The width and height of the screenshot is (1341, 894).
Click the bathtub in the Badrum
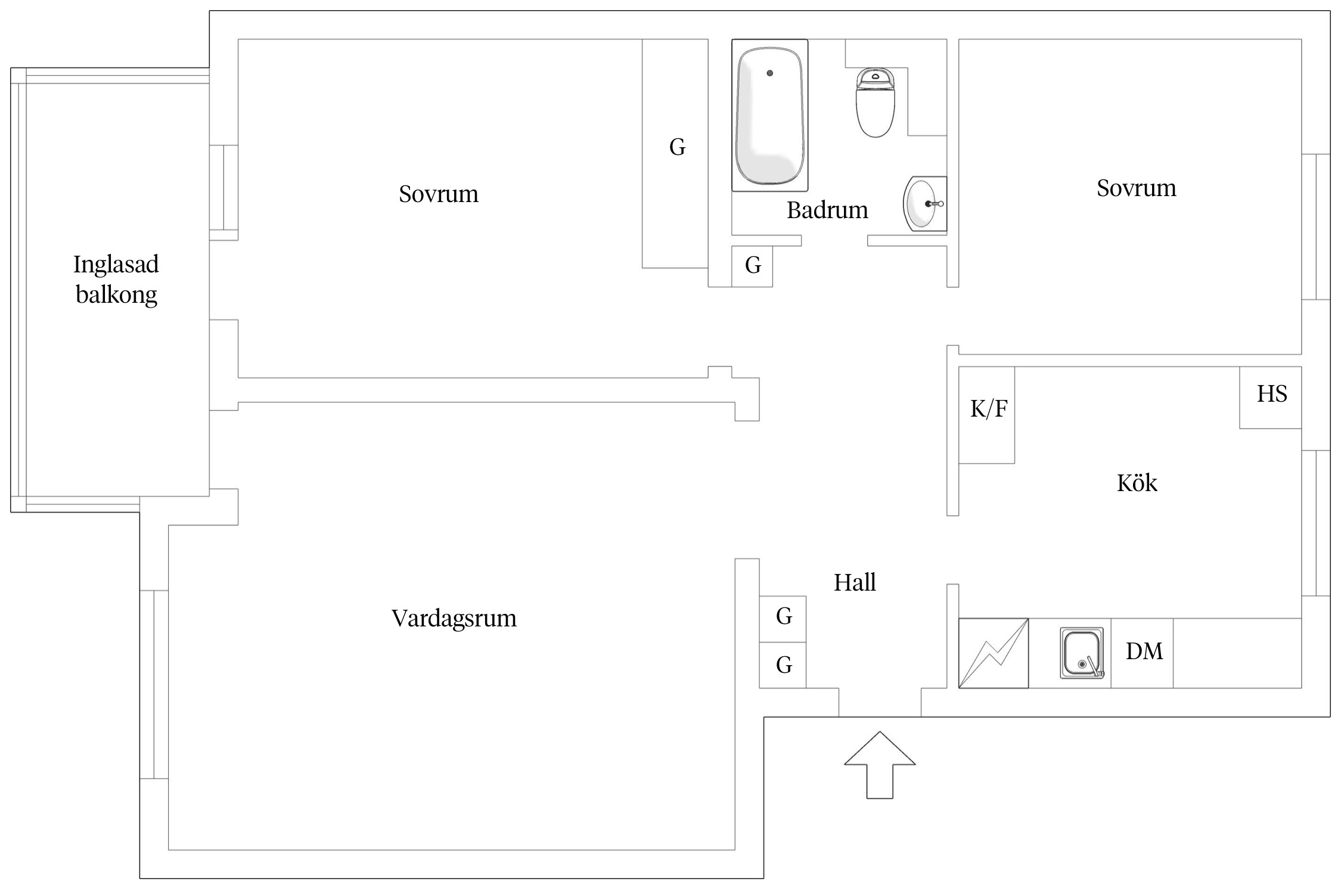coord(769,116)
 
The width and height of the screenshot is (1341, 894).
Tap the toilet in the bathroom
coord(876,104)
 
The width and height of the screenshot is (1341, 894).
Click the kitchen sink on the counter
coord(1081,653)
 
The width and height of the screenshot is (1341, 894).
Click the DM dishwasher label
coord(1144,651)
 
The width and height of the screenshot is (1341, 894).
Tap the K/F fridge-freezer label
coord(989,409)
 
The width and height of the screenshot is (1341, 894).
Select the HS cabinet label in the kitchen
coord(1272,394)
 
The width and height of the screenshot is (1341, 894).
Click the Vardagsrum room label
coord(454,618)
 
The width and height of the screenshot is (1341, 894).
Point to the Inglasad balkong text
coord(116,279)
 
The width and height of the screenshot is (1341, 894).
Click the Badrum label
coord(827,210)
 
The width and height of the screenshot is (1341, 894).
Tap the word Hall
coord(855,582)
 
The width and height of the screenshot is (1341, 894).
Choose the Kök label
coord(1137,483)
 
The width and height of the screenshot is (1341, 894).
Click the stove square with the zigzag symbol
coord(993,653)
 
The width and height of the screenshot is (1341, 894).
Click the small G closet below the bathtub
coord(753,265)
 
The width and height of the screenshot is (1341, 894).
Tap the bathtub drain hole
coord(770,73)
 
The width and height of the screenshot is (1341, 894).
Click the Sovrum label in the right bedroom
coord(1136,188)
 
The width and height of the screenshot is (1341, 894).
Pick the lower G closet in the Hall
coord(784,665)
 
